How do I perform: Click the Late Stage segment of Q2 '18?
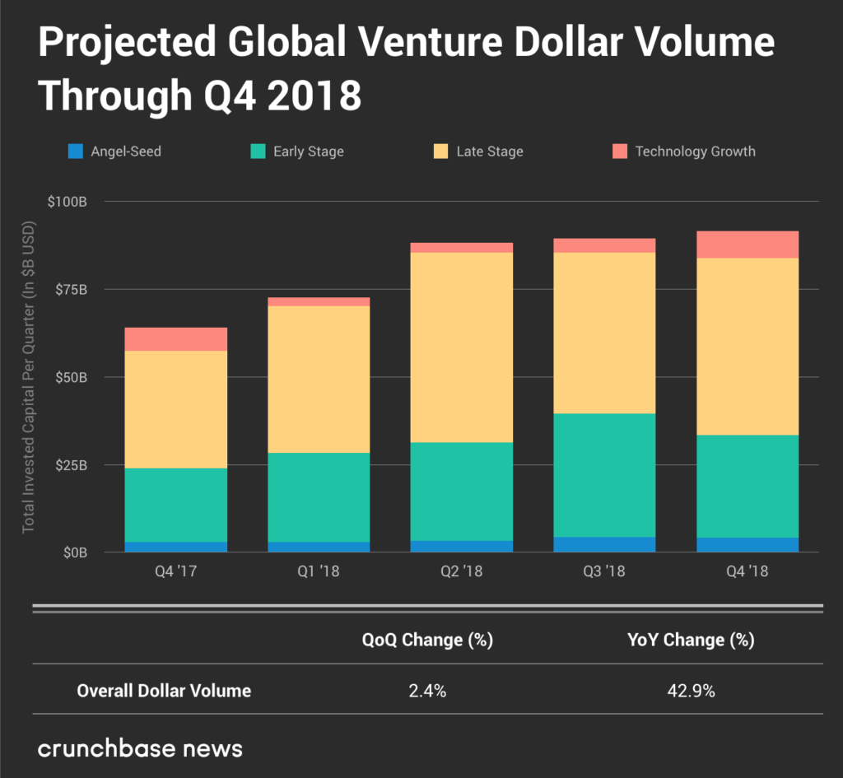[462, 347]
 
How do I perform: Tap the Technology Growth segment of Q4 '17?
[176, 339]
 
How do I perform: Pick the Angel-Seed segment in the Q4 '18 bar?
[748, 544]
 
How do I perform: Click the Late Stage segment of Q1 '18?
[319, 379]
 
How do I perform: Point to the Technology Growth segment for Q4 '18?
[748, 245]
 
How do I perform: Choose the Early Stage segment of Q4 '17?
[176, 505]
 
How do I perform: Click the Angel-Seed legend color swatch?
[77, 151]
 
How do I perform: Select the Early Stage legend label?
[308, 151]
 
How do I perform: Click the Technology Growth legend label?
[695, 151]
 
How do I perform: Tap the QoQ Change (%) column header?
[427, 640]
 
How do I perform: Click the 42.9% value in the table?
[691, 691]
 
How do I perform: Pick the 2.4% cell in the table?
[427, 691]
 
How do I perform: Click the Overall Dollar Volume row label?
[164, 691]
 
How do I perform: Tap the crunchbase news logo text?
[140, 748]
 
